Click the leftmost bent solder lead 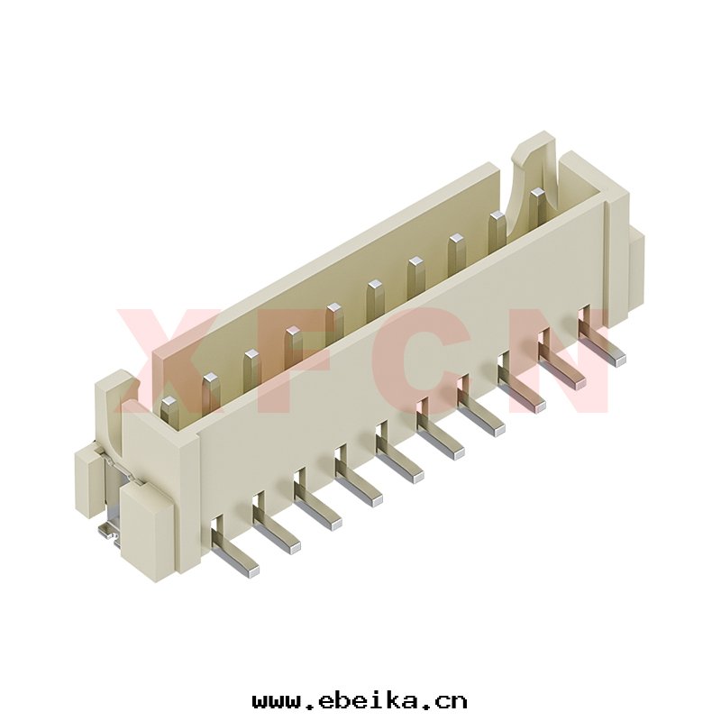[233, 546]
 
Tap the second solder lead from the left [275, 522]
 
